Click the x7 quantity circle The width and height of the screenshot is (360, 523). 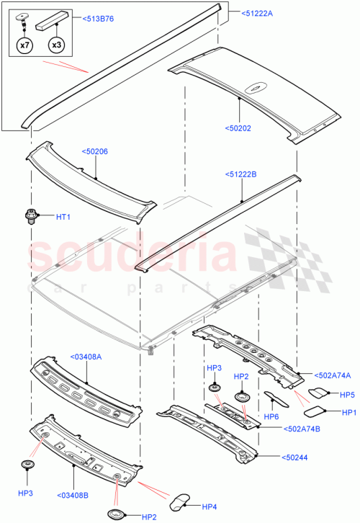[24, 45]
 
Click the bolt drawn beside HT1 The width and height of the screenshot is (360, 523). [30, 215]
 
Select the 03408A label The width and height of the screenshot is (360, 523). [86, 355]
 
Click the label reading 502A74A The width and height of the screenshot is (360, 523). [332, 375]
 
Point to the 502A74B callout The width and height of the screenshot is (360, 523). [282, 429]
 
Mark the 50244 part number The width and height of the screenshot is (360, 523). [274, 455]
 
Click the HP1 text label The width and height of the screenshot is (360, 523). [349, 412]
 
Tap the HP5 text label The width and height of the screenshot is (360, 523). [348, 394]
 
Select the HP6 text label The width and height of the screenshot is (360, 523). [271, 416]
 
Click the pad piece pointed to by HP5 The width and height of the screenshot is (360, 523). [318, 393]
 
